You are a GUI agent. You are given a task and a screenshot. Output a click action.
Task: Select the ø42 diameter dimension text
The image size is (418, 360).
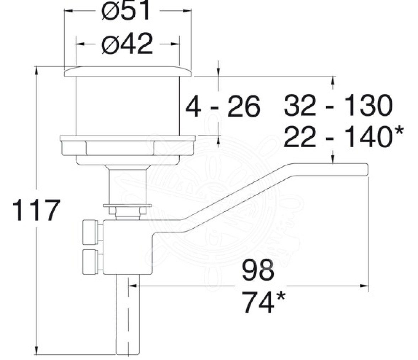(127, 44)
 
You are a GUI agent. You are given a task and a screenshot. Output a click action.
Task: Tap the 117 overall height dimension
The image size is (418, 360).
(36, 210)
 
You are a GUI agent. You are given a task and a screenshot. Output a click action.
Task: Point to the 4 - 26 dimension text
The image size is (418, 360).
(223, 106)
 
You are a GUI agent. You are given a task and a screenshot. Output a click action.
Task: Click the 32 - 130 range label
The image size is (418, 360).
(338, 105)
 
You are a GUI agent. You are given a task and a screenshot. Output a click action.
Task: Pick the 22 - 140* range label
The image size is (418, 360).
(343, 137)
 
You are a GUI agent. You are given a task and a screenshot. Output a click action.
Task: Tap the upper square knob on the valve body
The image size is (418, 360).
(92, 232)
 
